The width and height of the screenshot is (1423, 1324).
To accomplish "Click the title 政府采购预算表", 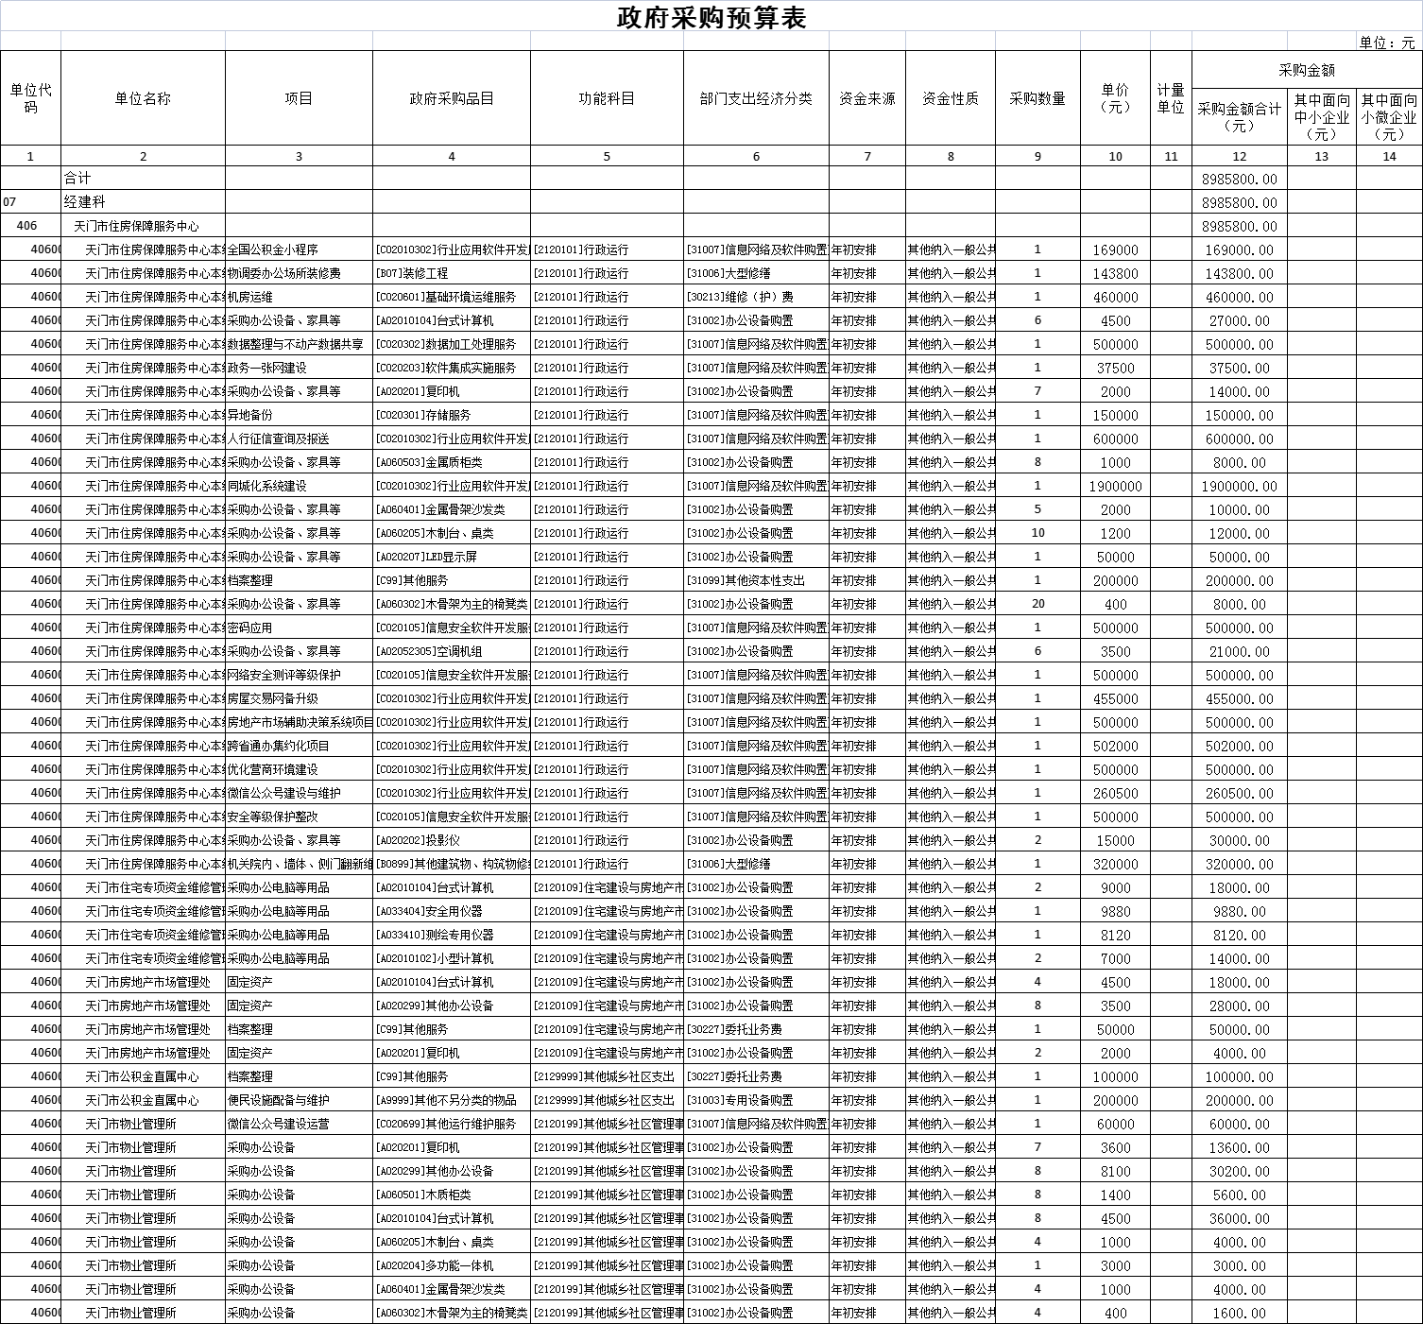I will [711, 17].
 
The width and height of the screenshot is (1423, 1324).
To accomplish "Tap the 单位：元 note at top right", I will [1386, 43].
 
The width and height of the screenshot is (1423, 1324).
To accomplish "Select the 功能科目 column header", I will [607, 98].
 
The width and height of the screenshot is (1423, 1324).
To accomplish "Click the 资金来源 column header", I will [866, 98].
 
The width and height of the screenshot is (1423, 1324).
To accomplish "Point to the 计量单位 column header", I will [1171, 98].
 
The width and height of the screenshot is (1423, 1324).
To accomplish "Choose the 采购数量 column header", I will [1037, 98].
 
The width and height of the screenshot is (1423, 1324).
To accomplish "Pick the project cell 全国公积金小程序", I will [273, 249].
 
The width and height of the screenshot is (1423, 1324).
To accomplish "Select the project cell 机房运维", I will [250, 297].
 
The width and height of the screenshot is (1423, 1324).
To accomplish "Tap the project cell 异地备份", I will [250, 415].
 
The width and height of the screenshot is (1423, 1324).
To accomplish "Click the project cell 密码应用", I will [250, 628].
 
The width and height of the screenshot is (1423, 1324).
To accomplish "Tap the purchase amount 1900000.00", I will [1239, 486].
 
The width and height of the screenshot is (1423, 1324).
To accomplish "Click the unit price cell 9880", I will [1115, 911].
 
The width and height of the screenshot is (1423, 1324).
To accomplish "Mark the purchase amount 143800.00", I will [1239, 273].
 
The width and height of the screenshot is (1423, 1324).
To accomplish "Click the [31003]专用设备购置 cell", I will [740, 1100].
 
